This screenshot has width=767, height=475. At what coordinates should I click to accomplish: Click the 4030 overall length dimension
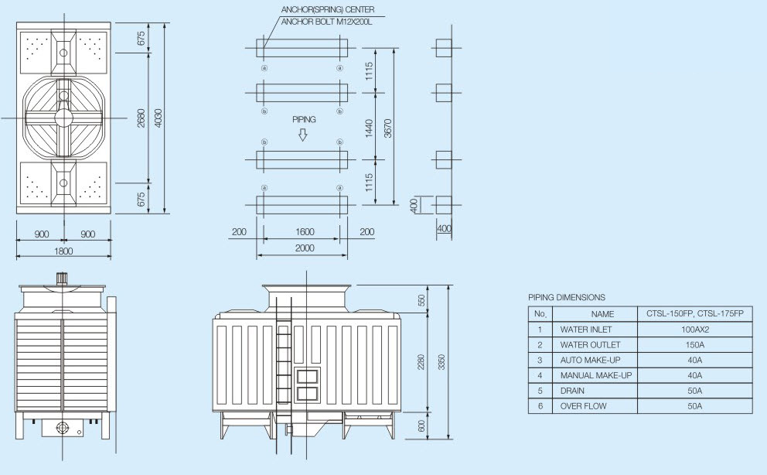[158, 118]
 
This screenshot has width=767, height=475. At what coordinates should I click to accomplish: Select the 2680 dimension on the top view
[141, 118]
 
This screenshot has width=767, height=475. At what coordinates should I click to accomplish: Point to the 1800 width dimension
[63, 251]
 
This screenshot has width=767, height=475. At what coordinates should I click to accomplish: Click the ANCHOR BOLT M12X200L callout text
[326, 22]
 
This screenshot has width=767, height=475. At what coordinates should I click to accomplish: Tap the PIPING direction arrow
[303, 135]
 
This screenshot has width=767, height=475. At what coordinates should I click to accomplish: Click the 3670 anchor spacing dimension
[388, 128]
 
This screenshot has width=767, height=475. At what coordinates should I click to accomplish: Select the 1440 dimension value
[370, 128]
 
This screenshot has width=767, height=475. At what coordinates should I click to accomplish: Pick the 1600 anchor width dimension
[305, 232]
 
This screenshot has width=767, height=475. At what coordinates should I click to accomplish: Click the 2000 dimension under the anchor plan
[305, 248]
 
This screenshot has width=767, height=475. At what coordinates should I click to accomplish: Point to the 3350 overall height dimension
[441, 362]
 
